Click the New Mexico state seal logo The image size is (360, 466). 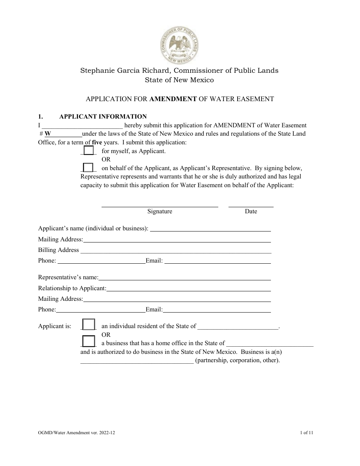[x=180, y=46]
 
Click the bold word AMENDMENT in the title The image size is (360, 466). [x=173, y=99]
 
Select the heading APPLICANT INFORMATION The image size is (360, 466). [x=103, y=117]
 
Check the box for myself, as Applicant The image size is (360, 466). [x=88, y=151]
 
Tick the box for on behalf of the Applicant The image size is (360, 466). [x=88, y=167]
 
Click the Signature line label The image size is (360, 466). [x=160, y=211]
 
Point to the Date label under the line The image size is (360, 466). [x=251, y=211]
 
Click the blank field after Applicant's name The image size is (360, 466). [x=211, y=229]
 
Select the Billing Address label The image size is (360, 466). [x=58, y=250]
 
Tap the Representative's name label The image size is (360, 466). [x=68, y=278]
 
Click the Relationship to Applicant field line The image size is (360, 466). [x=189, y=289]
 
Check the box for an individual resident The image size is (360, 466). [x=89, y=325]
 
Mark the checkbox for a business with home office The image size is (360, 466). [x=89, y=342]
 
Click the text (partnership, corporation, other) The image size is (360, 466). [x=237, y=360]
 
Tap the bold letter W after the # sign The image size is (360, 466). [x=48, y=134]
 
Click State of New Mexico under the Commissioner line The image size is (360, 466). [x=179, y=80]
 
